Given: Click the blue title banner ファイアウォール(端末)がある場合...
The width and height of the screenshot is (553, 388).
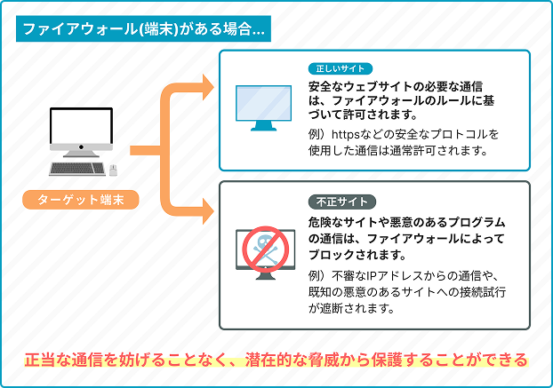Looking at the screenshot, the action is point(143,28).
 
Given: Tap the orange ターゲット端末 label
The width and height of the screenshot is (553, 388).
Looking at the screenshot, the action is point(81,200).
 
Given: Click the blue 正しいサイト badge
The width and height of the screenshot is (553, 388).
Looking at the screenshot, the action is point(341,68).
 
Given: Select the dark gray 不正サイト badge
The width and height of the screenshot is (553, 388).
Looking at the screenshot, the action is point(342,202).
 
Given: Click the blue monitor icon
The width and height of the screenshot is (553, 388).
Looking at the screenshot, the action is point(263,107).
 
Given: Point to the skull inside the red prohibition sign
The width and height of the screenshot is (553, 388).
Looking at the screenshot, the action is point(265,248).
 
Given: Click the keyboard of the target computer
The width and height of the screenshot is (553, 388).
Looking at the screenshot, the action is point(77,169).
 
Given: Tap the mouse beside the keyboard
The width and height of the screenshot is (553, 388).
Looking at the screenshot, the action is point(113,170).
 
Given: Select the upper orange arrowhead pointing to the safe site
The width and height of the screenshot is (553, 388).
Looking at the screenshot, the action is point(208,87).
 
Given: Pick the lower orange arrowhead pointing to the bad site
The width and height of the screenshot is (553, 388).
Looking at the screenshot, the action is point(208,211).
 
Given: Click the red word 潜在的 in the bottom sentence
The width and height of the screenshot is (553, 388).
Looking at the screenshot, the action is point(273,360).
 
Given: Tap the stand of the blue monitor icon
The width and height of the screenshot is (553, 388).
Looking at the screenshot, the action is point(263,126).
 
